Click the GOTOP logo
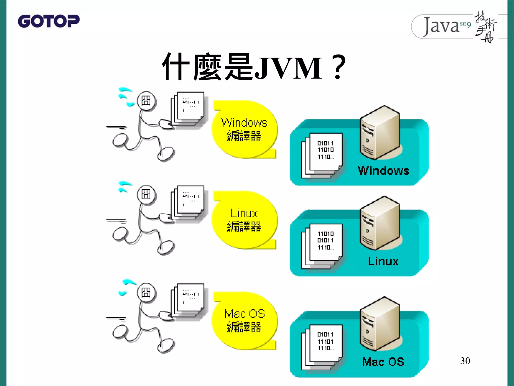click(49, 21)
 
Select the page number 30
click(465, 361)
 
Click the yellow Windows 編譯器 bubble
click(244, 129)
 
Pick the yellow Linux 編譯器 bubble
click(244, 220)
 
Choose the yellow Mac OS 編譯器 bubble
click(244, 321)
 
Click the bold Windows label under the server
click(383, 171)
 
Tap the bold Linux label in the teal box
click(383, 261)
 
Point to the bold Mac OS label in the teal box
click(383, 362)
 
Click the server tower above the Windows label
click(380, 132)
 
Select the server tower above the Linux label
click(380, 223)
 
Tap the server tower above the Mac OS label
click(380, 324)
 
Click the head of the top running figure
click(146, 101)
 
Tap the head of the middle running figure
click(146, 194)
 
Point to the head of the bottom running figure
click(146, 293)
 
